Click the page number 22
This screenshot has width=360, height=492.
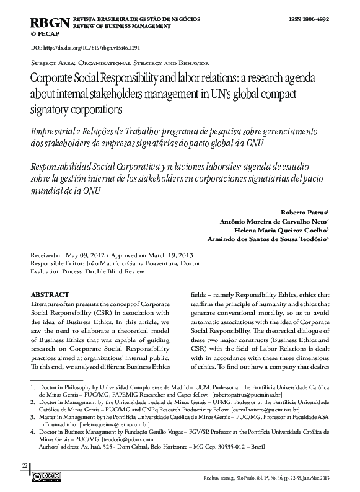click(x=25, y=465)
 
